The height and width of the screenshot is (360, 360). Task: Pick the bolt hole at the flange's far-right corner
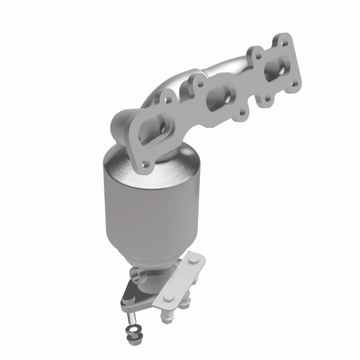pyautogui.click(x=294, y=83)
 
